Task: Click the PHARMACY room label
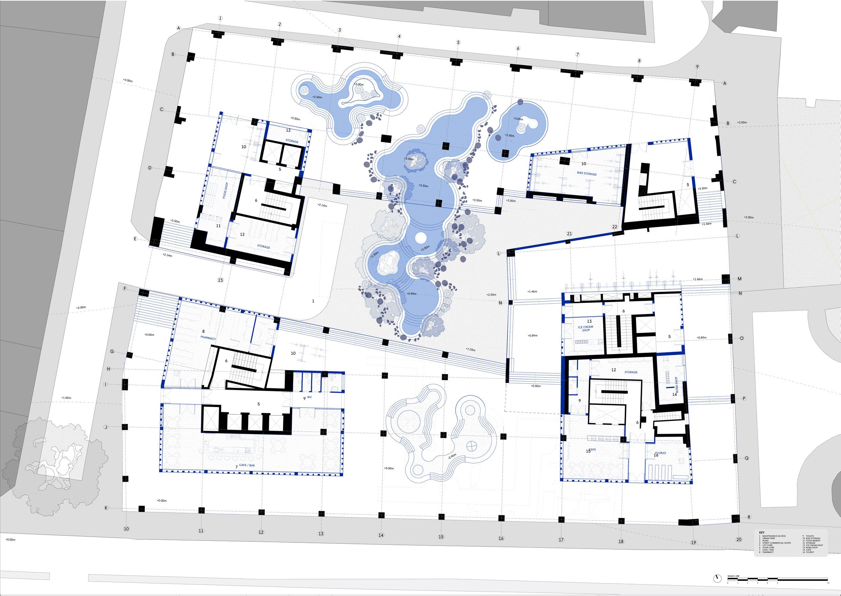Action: [x=208, y=337]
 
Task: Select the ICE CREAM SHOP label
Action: [x=585, y=328]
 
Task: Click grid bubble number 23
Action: [x=220, y=280]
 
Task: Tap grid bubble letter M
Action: [x=739, y=279]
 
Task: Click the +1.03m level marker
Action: [x=470, y=350]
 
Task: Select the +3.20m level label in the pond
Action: [x=423, y=186]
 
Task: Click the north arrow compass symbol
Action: [x=714, y=578]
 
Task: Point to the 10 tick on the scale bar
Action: [x=828, y=583]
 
